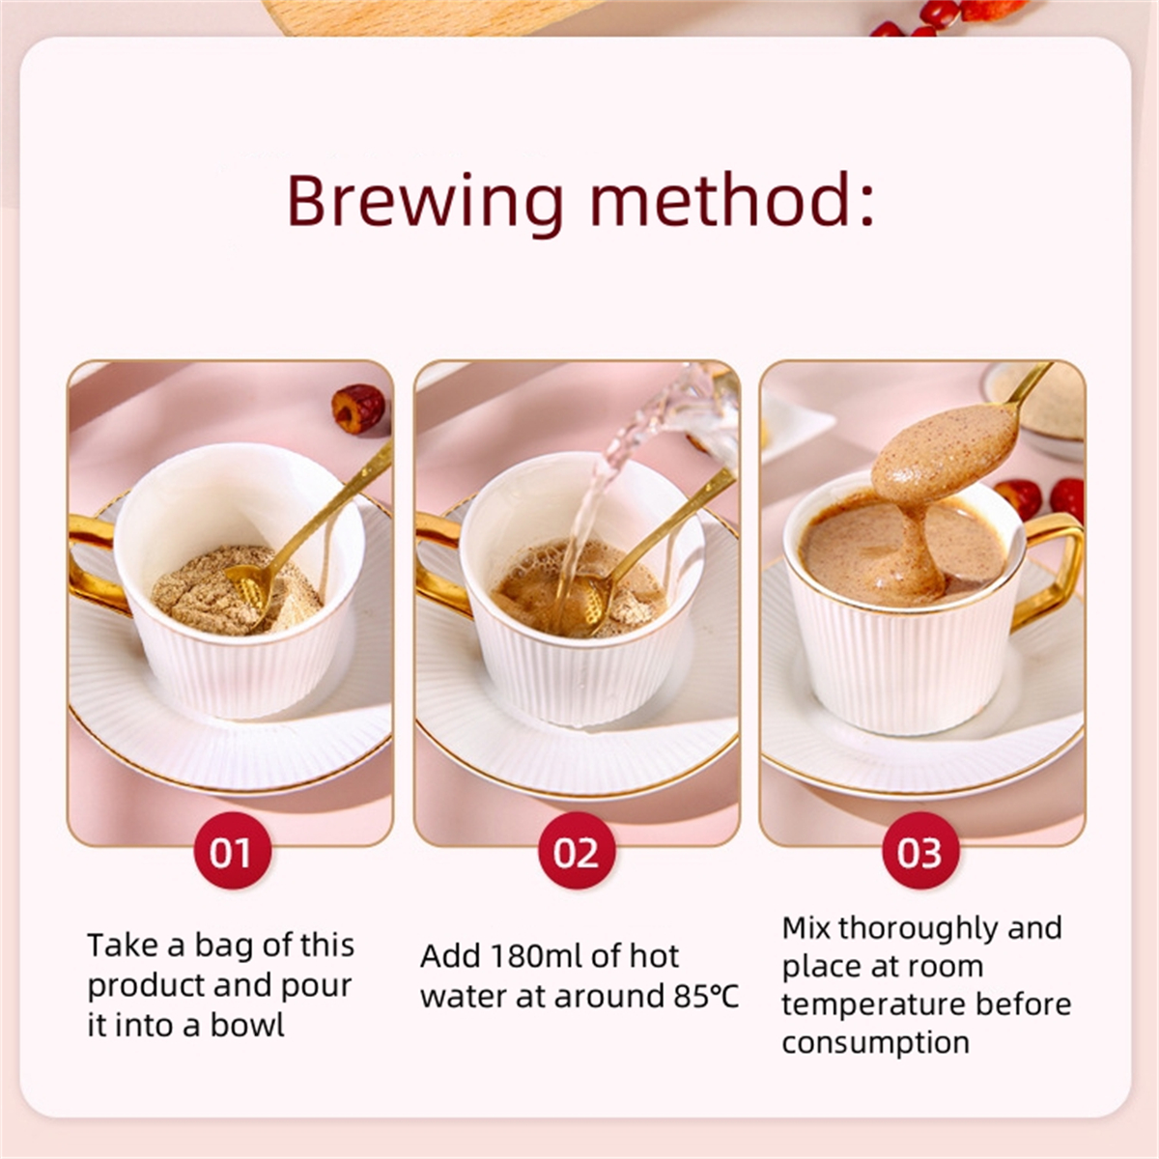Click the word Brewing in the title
[x=425, y=202]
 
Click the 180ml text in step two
[x=535, y=956]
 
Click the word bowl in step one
[x=247, y=1026]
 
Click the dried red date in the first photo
[x=358, y=410]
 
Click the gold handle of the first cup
[x=97, y=565]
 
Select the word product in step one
[x=145, y=987]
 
